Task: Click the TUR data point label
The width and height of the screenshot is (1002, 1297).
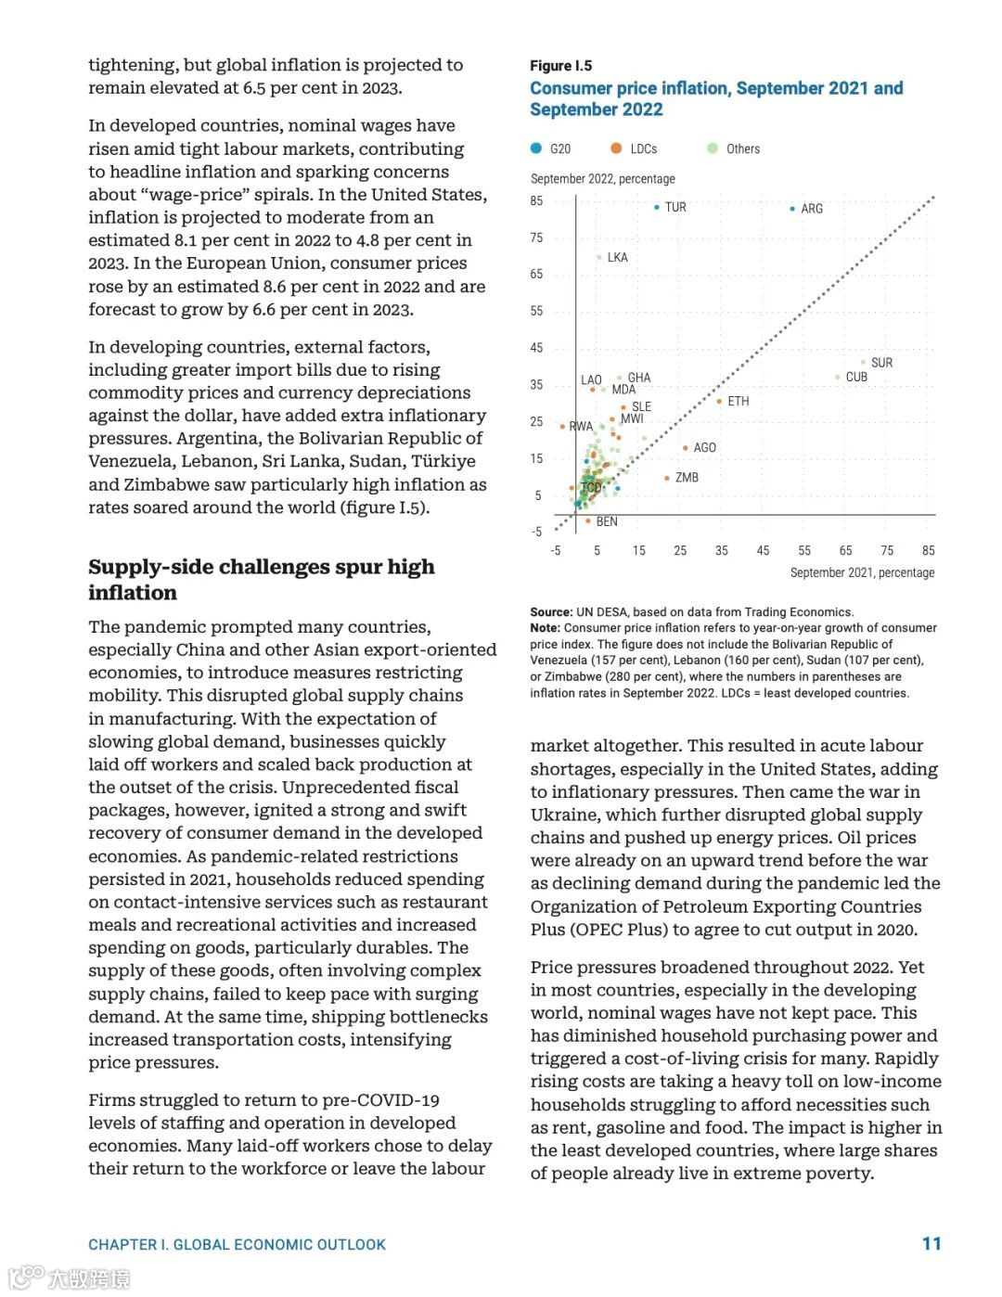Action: (x=675, y=208)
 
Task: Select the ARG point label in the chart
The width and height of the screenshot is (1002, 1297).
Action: (x=812, y=209)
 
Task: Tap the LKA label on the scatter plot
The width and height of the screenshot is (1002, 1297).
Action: (x=617, y=258)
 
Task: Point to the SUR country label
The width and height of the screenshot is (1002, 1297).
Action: (x=881, y=363)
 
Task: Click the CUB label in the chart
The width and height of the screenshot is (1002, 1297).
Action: (x=856, y=378)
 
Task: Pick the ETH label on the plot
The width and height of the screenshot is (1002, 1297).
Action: (x=739, y=402)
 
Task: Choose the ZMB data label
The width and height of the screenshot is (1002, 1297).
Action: (x=687, y=478)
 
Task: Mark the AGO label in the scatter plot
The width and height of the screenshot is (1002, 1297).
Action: (x=705, y=448)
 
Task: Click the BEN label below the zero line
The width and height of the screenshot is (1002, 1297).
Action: (x=607, y=522)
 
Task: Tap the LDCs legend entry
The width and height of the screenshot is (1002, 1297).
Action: (x=643, y=149)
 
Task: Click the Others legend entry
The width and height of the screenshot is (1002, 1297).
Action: (x=742, y=149)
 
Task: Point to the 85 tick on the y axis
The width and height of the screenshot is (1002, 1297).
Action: (x=536, y=201)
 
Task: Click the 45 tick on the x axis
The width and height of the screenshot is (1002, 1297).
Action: (x=763, y=551)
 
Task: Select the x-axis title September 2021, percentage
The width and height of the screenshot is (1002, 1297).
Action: (x=862, y=573)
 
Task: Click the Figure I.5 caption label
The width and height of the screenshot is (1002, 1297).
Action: (x=560, y=66)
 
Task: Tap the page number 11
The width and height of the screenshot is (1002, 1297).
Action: (x=931, y=1244)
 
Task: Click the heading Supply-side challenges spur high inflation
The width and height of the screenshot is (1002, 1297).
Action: (x=261, y=580)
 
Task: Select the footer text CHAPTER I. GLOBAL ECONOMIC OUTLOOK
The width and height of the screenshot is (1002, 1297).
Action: (x=237, y=1245)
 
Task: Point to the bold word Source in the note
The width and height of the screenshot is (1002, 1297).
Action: (x=550, y=612)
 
